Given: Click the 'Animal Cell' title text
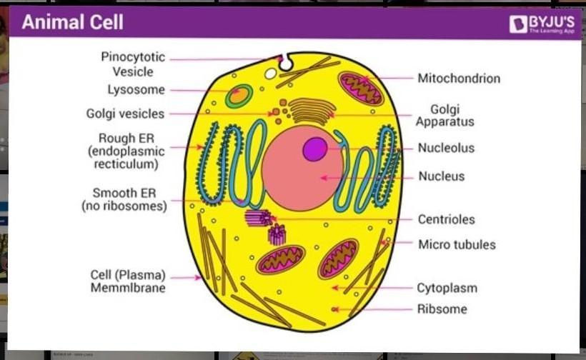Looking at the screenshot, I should (x=72, y=22).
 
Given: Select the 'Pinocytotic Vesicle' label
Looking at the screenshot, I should (x=132, y=64).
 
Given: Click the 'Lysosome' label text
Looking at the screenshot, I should (x=136, y=90).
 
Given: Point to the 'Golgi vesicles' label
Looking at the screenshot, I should (x=125, y=114).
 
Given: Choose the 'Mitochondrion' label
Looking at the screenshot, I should (x=459, y=78).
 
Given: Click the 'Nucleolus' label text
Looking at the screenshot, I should (x=446, y=149).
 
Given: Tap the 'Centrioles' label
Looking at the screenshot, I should (x=447, y=219).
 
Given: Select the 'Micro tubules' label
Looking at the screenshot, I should (x=457, y=244).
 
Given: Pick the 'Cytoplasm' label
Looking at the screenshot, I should (x=447, y=289).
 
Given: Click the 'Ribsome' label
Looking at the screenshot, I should (x=442, y=309).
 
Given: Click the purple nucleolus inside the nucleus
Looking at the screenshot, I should (x=314, y=149).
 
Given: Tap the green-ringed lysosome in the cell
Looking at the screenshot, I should (x=239, y=95).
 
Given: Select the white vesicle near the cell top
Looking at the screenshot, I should (x=271, y=73).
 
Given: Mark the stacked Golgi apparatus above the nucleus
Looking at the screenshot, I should (x=312, y=111).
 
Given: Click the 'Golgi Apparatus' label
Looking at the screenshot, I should (x=445, y=115).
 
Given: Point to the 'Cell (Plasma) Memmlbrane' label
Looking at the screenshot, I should (x=128, y=281).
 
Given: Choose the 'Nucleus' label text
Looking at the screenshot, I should (x=441, y=176).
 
